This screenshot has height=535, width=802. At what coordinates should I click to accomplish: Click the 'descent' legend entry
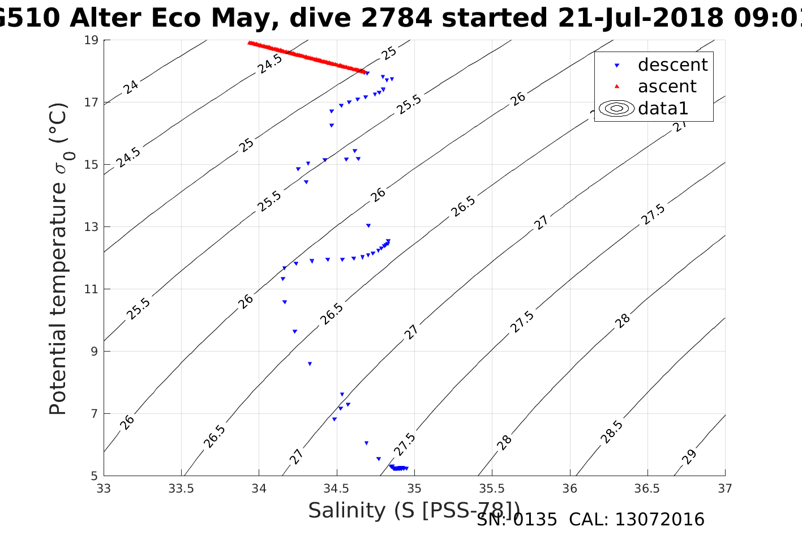(x=672, y=65)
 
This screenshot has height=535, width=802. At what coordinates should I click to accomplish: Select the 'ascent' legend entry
(x=667, y=87)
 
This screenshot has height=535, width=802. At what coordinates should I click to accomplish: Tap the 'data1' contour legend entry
(x=663, y=108)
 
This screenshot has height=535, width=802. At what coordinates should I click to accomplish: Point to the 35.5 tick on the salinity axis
(x=492, y=488)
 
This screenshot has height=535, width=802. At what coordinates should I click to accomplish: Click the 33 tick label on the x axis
(x=104, y=488)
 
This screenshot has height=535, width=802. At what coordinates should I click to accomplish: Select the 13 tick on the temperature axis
(x=91, y=227)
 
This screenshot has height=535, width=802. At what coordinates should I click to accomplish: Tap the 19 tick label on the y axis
(x=91, y=40)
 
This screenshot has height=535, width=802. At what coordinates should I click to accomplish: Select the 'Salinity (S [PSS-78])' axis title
(x=414, y=510)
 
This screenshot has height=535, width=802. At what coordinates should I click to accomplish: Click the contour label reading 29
(x=689, y=457)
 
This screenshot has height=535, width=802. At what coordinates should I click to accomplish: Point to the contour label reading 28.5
(x=612, y=432)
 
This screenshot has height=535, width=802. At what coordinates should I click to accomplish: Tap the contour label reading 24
(x=131, y=87)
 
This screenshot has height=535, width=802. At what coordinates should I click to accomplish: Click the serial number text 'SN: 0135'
(x=517, y=520)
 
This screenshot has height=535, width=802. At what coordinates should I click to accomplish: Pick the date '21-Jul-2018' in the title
(x=640, y=18)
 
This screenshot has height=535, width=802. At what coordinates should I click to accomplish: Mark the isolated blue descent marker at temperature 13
(x=368, y=225)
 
